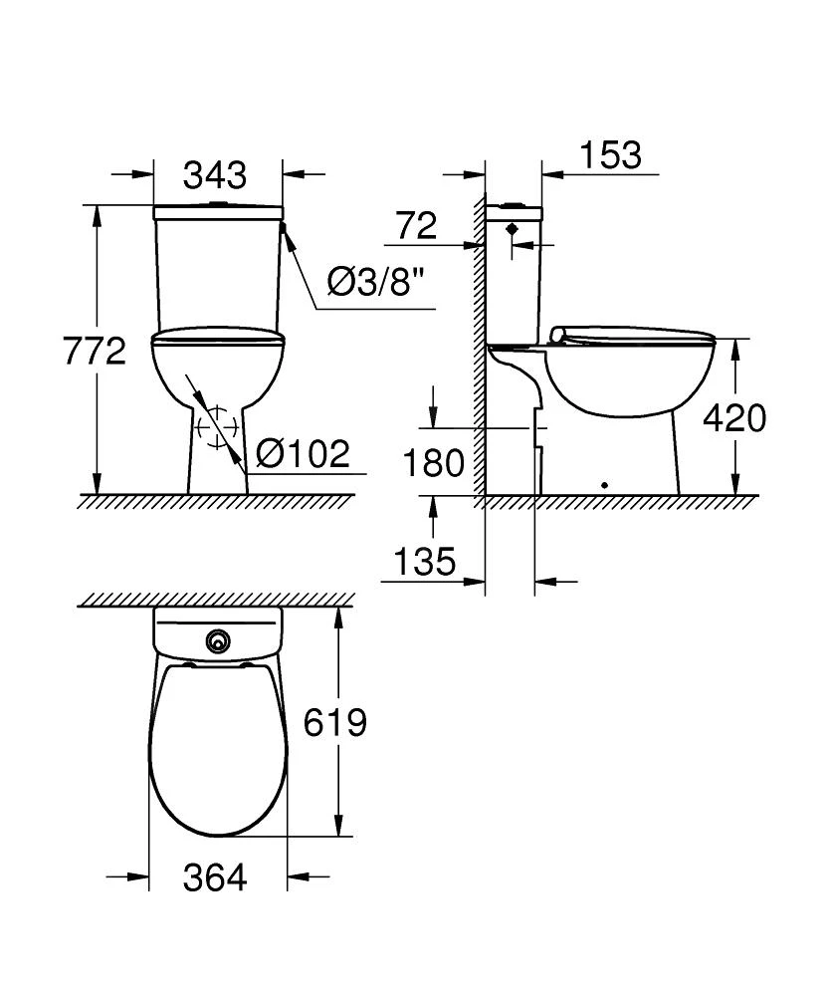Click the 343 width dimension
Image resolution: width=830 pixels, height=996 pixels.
(215, 175)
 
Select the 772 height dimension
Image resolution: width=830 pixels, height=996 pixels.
(95, 351)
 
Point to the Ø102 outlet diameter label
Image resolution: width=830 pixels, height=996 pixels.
(303, 454)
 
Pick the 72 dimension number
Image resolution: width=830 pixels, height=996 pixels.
(416, 226)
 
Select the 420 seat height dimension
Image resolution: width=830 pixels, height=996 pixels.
(734, 418)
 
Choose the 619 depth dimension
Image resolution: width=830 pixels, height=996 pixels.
(336, 722)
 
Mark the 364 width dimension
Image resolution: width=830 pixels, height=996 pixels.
(215, 877)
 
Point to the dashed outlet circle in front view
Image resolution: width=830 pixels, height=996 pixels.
(217, 428)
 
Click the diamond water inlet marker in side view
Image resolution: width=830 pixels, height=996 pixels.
(513, 229)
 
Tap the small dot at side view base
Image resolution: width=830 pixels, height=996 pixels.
(605, 486)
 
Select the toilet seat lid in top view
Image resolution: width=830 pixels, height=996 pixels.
(218, 752)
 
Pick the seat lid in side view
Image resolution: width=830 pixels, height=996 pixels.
(632, 334)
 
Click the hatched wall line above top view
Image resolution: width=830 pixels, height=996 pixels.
(217, 601)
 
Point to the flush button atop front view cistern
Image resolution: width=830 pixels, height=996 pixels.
(217, 205)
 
